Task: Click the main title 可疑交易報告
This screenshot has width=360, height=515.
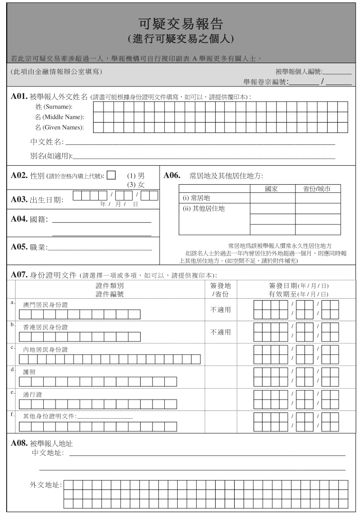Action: tap(180, 24)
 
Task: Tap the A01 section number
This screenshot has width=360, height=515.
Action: tap(19, 96)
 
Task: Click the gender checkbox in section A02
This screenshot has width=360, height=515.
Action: tap(111, 175)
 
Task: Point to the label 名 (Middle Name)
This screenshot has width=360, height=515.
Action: tap(59, 117)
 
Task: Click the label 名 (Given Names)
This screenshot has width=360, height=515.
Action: tap(59, 127)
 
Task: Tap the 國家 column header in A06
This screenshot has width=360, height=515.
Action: tap(271, 189)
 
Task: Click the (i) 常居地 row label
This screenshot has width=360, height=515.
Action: tap(197, 198)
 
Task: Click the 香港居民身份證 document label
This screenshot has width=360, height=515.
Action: tap(46, 327)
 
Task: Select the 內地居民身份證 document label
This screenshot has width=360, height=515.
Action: tap(46, 350)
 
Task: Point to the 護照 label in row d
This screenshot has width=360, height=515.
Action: tap(29, 372)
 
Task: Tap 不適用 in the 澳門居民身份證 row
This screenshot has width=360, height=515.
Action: tap(220, 310)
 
